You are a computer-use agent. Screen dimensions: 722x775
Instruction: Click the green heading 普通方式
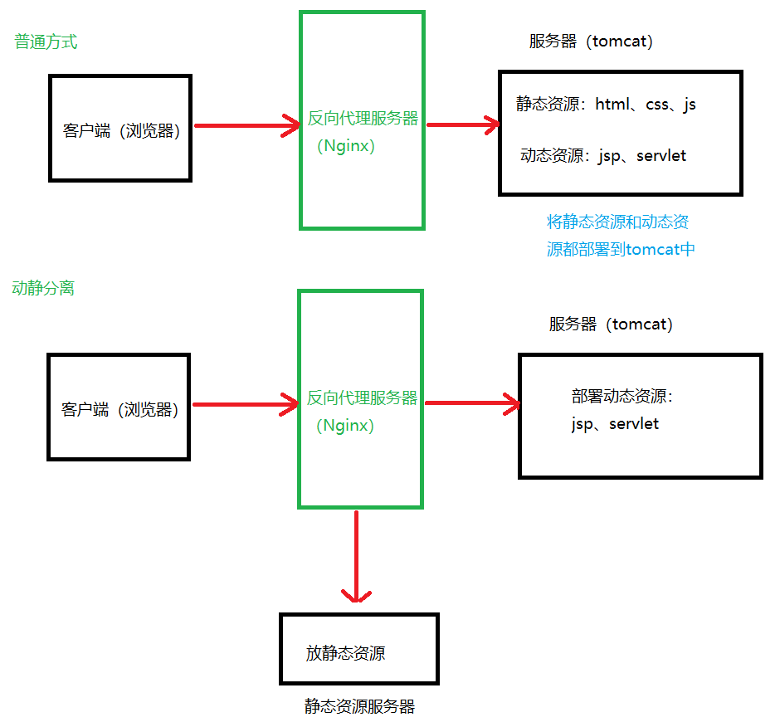(x=46, y=41)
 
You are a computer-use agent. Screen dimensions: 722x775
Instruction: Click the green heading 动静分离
(x=43, y=288)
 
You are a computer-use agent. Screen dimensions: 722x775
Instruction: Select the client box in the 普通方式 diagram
(x=120, y=129)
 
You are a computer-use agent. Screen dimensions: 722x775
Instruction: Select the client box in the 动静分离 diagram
(x=119, y=407)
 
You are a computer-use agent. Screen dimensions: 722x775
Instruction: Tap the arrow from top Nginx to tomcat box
(x=462, y=125)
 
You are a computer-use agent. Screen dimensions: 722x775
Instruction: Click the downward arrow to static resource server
(x=356, y=556)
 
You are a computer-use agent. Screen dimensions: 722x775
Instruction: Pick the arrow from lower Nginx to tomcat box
(x=472, y=404)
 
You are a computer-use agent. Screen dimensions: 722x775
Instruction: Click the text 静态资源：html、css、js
(x=606, y=105)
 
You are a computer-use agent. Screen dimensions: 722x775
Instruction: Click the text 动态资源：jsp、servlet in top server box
(x=603, y=155)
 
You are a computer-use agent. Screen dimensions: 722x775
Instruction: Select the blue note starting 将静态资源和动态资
(x=617, y=222)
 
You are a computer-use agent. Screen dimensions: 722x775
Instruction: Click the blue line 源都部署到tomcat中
(x=620, y=249)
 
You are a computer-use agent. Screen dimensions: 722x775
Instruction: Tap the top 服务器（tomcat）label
(x=591, y=41)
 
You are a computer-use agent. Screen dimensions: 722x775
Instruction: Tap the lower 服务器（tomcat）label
(x=611, y=324)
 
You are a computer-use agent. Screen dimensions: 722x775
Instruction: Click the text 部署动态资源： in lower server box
(x=622, y=397)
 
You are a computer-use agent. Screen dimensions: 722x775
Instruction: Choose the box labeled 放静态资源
(x=358, y=649)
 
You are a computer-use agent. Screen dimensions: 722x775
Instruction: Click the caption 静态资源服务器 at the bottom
(x=358, y=706)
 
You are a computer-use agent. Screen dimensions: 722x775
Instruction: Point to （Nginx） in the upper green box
(x=346, y=146)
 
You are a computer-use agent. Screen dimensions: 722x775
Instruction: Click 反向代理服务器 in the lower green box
(x=362, y=398)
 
